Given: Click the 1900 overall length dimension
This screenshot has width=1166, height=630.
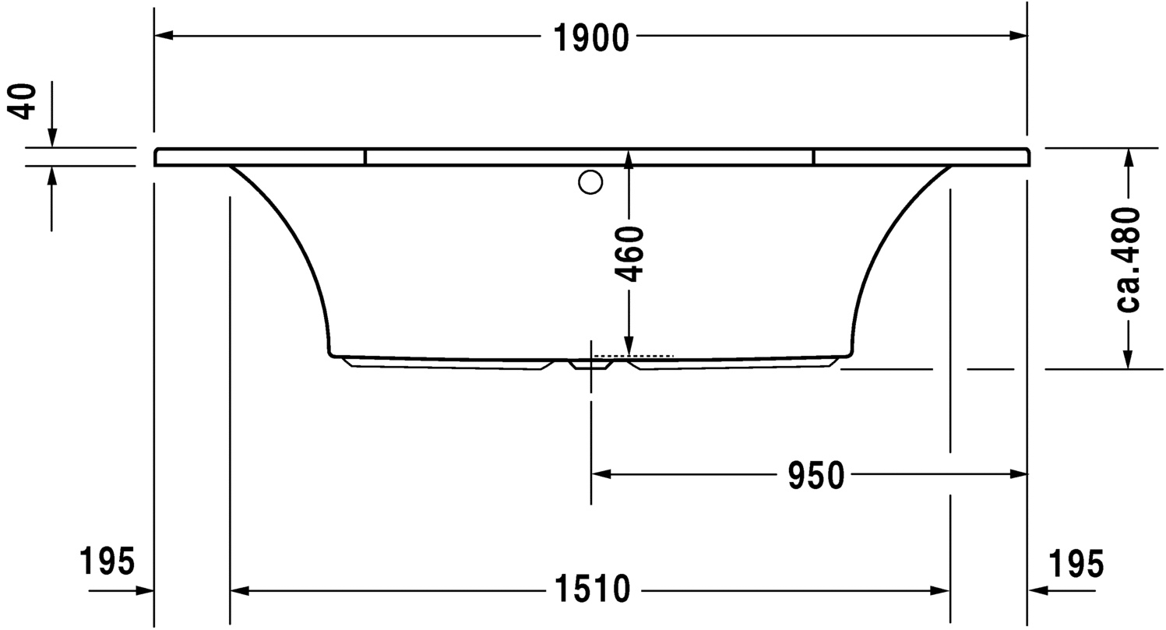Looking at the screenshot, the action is [591, 38].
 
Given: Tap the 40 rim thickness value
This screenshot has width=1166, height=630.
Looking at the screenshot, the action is [22, 101].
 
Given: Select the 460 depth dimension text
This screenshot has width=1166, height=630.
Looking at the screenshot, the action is [629, 255].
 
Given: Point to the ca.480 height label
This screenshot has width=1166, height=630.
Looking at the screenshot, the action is [1127, 259].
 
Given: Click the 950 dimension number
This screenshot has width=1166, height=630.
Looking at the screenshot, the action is [815, 476].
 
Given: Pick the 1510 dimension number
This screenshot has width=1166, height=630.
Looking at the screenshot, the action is [593, 589].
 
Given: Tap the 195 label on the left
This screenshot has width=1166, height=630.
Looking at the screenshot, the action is [107, 561].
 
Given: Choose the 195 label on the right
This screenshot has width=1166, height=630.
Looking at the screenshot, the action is [1076, 563].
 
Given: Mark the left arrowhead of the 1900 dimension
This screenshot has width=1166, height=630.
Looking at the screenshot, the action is [164, 35].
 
